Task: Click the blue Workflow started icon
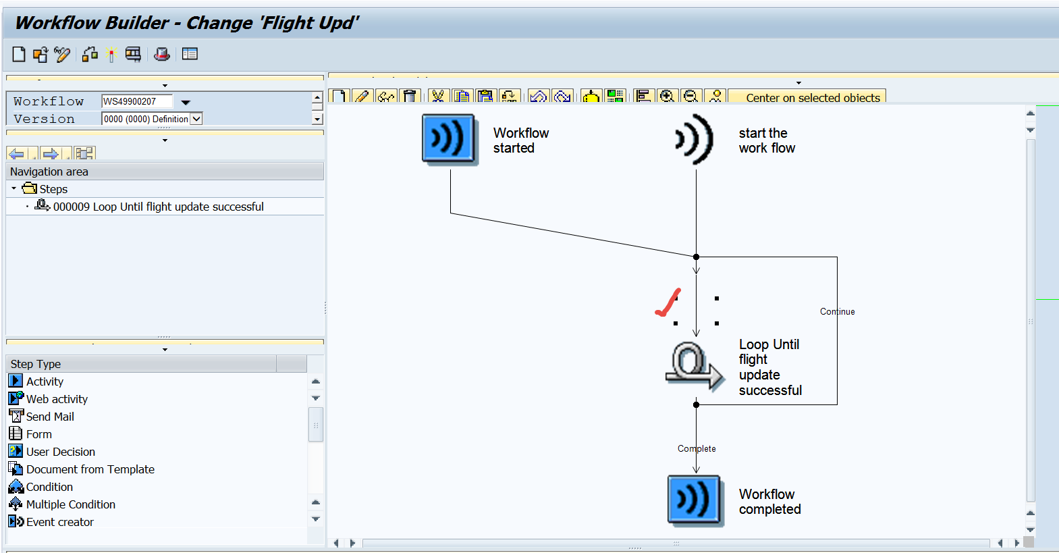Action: (450, 139)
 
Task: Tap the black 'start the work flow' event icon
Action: (695, 139)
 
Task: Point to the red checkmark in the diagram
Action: (668, 303)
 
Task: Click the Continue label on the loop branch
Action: (837, 312)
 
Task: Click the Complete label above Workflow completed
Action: (697, 449)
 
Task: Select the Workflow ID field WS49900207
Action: (137, 101)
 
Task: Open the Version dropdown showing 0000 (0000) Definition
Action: (196, 119)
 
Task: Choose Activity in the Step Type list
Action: (45, 381)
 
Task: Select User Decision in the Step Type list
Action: (60, 452)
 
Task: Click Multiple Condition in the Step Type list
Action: (70, 504)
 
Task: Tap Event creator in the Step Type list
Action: (59, 522)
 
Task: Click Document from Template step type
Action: (90, 469)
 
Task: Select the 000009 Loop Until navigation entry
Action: (158, 207)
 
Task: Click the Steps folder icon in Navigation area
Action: (30, 188)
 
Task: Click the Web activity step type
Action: (57, 399)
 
